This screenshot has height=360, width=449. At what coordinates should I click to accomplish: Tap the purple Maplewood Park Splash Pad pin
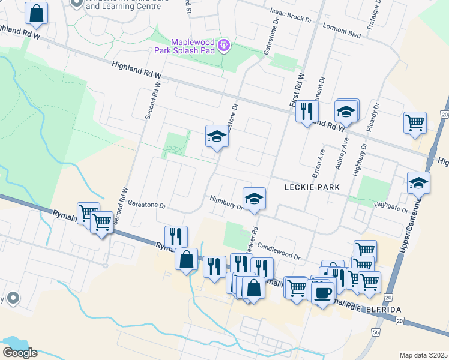pos(223,45)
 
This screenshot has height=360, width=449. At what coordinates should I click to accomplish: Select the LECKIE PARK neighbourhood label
pos(312,187)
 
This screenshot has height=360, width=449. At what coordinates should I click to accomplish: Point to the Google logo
pos(20,353)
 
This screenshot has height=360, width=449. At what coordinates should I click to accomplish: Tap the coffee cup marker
pos(323,292)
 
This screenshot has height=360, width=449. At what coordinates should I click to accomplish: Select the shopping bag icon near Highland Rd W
pos(36,13)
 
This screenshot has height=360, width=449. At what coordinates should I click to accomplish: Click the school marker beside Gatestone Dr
pos(217,136)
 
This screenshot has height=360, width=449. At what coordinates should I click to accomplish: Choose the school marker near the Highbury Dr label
pos(254,199)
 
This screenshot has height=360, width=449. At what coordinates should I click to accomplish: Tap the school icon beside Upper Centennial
pos(418,182)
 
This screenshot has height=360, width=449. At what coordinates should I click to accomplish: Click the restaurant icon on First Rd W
pos(307,111)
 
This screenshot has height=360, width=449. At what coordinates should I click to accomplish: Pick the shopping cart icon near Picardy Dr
pos(415,122)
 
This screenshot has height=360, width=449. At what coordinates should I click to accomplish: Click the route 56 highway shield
pos(376,331)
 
